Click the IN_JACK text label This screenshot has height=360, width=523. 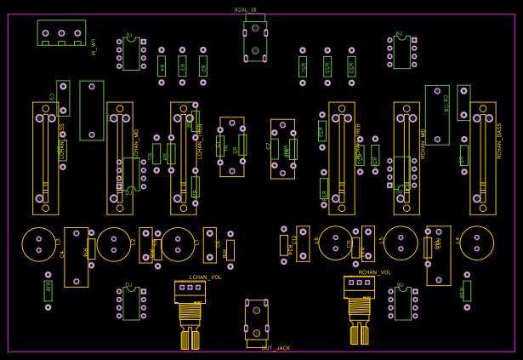click(245, 9)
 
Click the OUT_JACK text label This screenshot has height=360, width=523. click(276, 348)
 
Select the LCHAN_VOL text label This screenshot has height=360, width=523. click(205, 277)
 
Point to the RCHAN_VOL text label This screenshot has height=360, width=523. click(374, 272)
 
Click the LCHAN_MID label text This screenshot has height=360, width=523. click(136, 144)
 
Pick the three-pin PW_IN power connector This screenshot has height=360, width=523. click(61, 33)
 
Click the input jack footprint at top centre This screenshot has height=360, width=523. click(255, 40)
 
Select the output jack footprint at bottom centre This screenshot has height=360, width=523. click(256, 320)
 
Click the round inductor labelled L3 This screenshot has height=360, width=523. click(39, 244)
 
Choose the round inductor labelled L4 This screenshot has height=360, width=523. click(476, 243)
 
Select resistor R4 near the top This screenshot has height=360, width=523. click(162, 66)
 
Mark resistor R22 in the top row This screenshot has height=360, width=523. click(327, 66)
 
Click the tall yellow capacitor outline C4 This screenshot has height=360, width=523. click(77, 256)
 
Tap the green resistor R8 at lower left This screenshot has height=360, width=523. click(48, 290)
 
